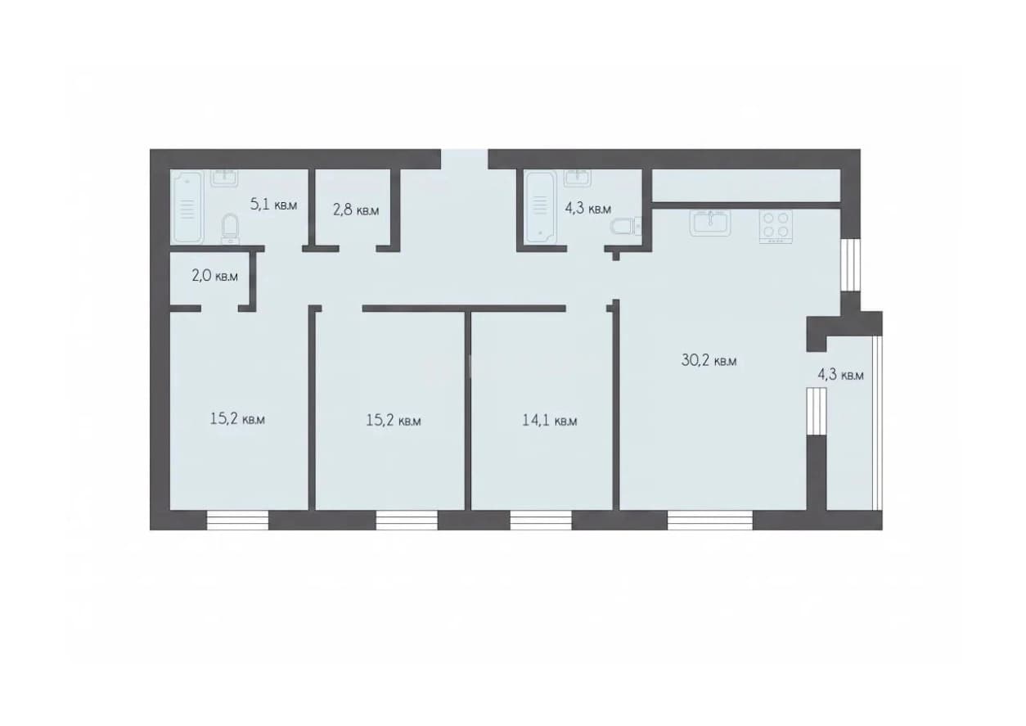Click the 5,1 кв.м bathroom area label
pyautogui.click(x=273, y=204)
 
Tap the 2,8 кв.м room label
pyautogui.click(x=356, y=210)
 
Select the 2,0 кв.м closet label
pyautogui.click(x=215, y=276)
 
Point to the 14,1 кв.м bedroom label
pyautogui.click(x=550, y=420)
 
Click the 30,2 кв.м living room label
pyautogui.click(x=709, y=361)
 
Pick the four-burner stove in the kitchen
pyautogui.click(x=776, y=227)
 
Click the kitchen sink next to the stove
pyautogui.click(x=710, y=223)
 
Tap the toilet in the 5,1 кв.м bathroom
pyautogui.click(x=229, y=228)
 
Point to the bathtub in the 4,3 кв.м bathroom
pyautogui.click(x=542, y=207)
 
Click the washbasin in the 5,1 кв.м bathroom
pyautogui.click(x=224, y=178)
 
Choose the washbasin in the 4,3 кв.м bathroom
pyautogui.click(x=578, y=178)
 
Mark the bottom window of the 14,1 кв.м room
pyautogui.click(x=541, y=521)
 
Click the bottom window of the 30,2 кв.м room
pyautogui.click(x=710, y=521)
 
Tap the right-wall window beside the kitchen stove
pyautogui.click(x=851, y=264)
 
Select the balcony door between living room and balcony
pyautogui.click(x=817, y=411)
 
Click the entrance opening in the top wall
pyautogui.click(x=465, y=159)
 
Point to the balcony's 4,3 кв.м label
pyautogui.click(x=841, y=374)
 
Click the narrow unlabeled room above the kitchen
pyautogui.click(x=746, y=185)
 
